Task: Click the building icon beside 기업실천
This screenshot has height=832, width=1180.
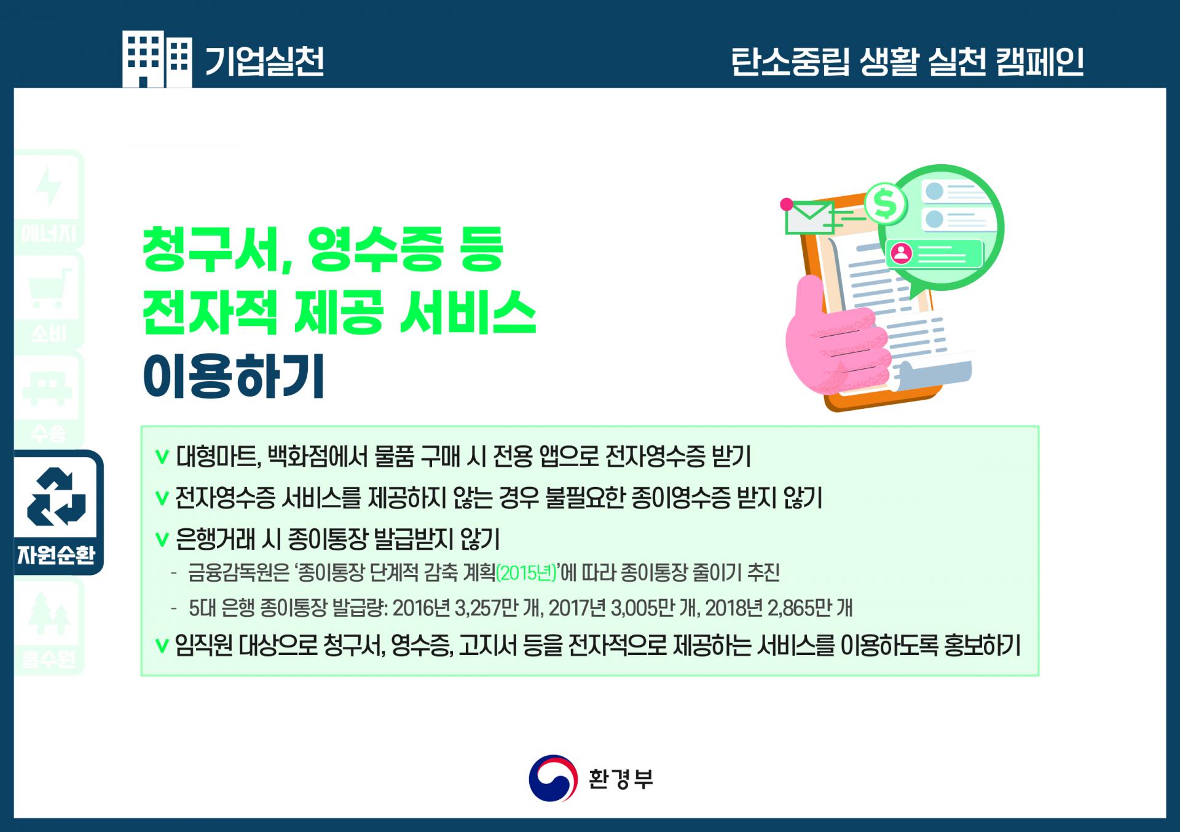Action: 157,59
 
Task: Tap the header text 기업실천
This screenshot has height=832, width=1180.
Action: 264,61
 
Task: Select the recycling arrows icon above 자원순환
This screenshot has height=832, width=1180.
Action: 57,496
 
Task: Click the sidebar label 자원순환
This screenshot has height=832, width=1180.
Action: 56,555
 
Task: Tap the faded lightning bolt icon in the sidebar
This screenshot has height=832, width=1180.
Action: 49,187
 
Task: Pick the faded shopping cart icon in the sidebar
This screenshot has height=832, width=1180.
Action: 49,288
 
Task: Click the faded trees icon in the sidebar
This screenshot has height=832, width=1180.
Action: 49,613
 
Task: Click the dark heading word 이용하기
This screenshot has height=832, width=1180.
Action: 234,376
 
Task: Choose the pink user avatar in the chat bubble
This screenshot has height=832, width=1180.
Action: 902,253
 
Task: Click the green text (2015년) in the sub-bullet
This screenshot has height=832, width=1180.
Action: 526,573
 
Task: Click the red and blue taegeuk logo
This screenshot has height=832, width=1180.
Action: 553,779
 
